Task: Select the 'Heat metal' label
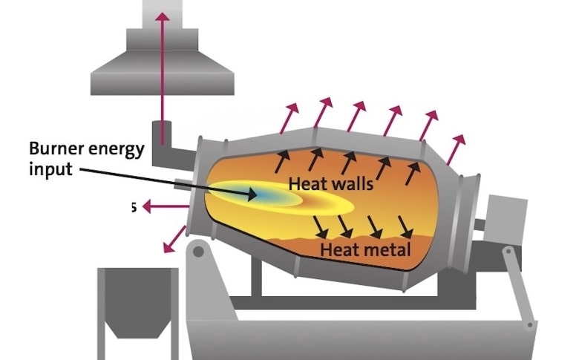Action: point(365,249)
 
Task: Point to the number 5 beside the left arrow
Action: point(133,207)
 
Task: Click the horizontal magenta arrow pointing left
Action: point(158,207)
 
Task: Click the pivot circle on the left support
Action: point(198,252)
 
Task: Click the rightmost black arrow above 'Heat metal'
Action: point(405,226)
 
